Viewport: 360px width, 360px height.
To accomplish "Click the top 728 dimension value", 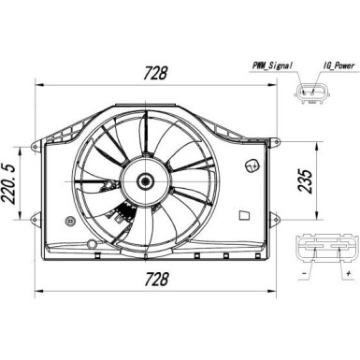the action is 155,73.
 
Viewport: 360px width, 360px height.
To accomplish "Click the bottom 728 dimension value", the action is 157,279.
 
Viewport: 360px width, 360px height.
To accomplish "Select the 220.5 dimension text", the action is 8,184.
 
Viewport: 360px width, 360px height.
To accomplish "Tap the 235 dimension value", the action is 306,181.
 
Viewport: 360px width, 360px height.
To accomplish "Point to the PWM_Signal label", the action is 272,65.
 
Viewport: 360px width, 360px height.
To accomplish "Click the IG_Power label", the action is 338,65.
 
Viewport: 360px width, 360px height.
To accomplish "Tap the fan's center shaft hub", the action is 146,180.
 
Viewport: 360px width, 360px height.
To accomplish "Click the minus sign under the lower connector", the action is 304,274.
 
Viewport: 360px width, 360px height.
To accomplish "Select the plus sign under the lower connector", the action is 349,274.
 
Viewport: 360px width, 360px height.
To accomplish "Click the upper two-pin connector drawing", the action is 312,93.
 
